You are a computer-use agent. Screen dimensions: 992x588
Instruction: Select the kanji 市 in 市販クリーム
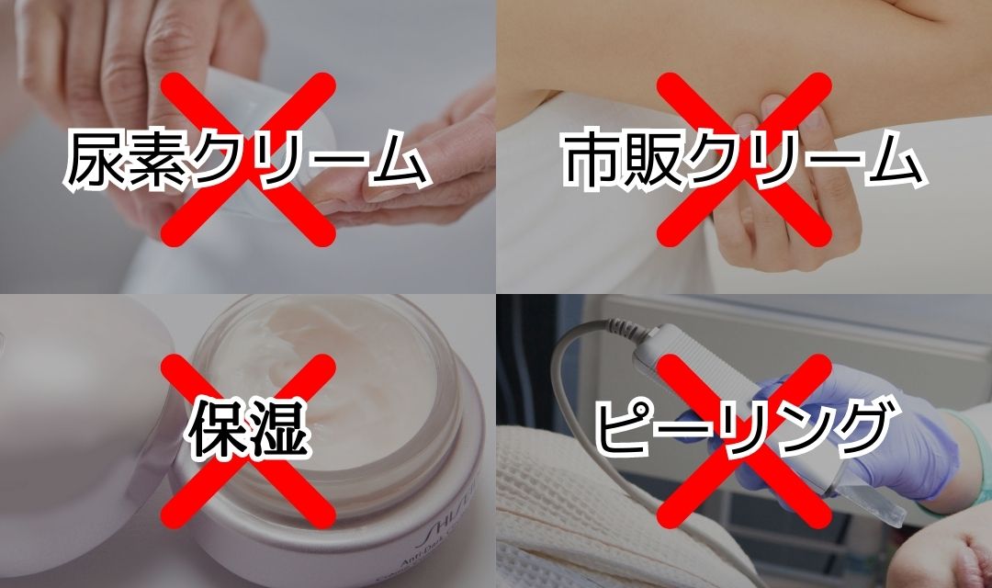click(592, 159)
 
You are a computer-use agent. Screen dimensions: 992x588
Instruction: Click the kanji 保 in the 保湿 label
click(217, 427)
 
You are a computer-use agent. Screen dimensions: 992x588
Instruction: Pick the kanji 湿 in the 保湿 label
click(277, 427)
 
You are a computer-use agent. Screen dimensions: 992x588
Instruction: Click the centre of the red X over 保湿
click(247, 441)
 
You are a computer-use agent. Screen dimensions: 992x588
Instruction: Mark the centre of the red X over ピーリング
click(743, 441)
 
